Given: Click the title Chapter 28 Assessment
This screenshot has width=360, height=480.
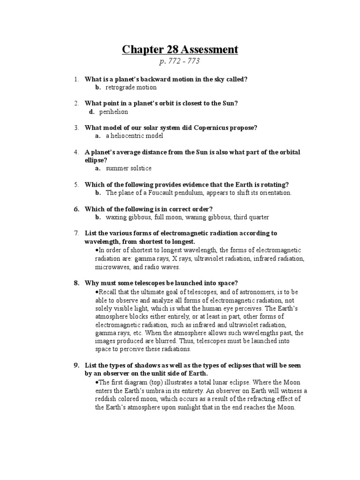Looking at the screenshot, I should coord(180,49).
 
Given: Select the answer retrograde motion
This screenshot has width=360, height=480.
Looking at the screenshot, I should coord(131,87).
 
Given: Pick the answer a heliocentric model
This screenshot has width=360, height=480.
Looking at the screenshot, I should coord(135,136).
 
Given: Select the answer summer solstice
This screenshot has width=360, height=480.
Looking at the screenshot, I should coord(128,168).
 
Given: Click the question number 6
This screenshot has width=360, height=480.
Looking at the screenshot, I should coord(76,209).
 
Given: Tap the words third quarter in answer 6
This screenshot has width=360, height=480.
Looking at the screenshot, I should coord(254,217).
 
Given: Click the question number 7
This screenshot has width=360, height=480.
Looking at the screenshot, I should coord(76,233).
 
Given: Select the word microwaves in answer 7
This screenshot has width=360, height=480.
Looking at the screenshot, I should coord(112,267).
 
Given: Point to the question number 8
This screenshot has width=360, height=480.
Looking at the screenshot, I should coord(76,283).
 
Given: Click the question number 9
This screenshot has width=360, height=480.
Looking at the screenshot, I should coord(76,365).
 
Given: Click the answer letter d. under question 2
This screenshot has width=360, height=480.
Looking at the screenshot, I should coord(92,112).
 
